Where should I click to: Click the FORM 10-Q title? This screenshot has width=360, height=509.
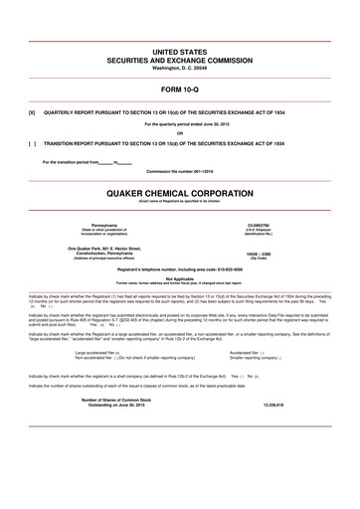(x=179, y=88)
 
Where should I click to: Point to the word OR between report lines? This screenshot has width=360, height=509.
(x=179, y=133)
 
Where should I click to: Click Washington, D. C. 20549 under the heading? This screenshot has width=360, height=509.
(x=179, y=67)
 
